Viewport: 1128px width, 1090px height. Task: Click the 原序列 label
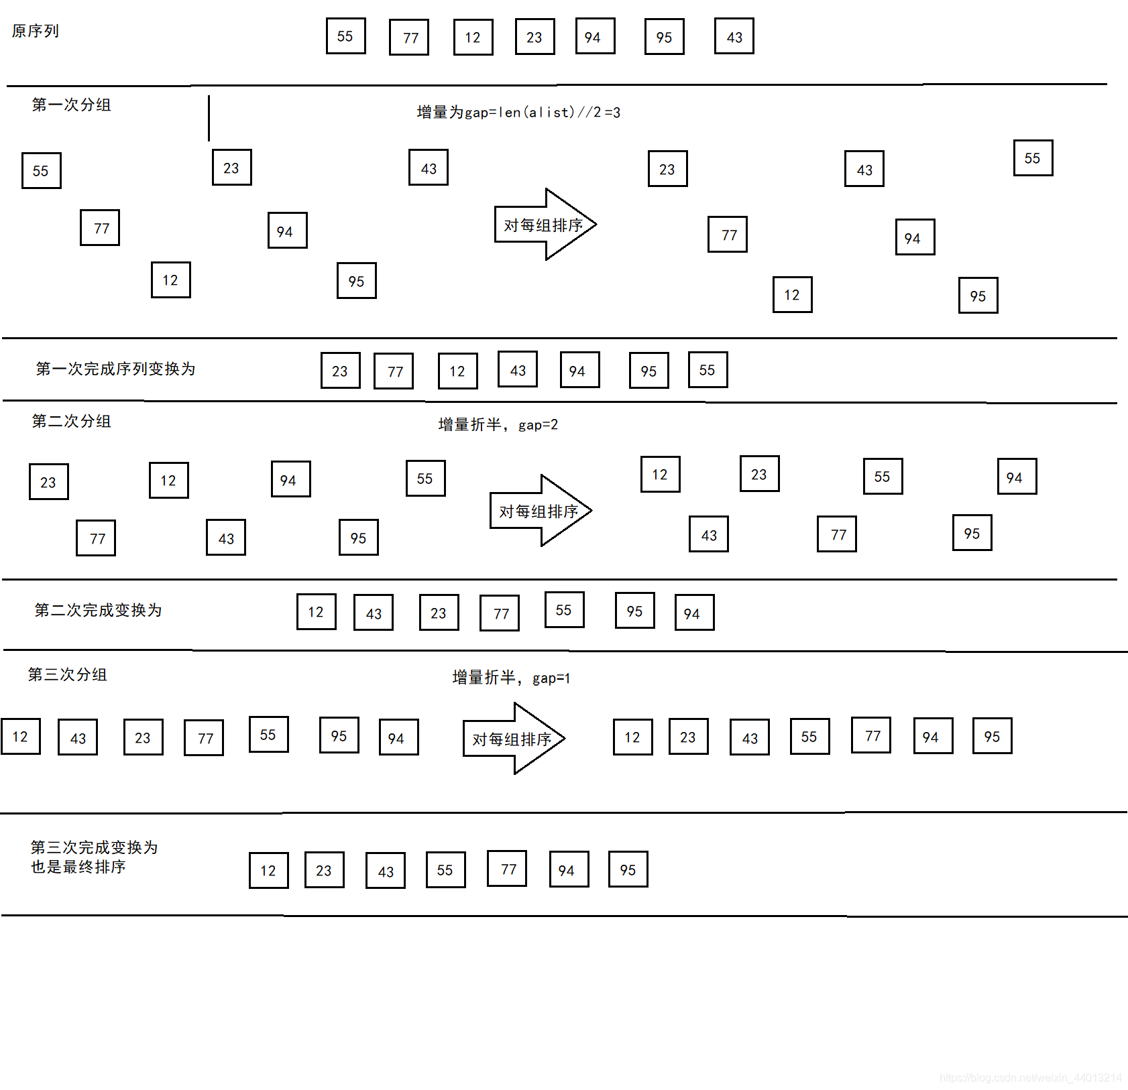(x=36, y=31)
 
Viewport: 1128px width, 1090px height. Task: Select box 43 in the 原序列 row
(x=734, y=36)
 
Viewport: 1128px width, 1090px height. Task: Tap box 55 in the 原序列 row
(x=345, y=36)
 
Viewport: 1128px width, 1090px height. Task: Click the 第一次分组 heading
(x=71, y=105)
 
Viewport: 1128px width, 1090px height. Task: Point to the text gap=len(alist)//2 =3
(x=518, y=112)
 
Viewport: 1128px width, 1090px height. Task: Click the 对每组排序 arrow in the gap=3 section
(x=545, y=225)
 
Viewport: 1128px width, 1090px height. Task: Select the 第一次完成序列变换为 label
(x=115, y=369)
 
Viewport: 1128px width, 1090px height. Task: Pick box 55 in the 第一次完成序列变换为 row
(x=708, y=370)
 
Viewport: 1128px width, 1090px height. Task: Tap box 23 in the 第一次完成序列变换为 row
(x=340, y=371)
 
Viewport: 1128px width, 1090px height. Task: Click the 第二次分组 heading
(x=71, y=421)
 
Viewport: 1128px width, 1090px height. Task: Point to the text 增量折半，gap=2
(x=498, y=424)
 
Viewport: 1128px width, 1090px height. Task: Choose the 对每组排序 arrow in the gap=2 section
(x=541, y=511)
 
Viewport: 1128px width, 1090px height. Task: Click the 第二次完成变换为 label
(x=98, y=610)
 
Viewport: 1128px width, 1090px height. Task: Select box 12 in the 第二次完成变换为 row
(x=316, y=611)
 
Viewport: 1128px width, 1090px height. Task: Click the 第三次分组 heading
(x=67, y=674)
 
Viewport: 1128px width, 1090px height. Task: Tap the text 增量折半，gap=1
(x=511, y=678)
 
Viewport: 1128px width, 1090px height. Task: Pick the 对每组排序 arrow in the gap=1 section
(x=513, y=739)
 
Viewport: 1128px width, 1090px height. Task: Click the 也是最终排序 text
(x=78, y=867)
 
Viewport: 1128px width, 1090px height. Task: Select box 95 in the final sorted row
(x=628, y=869)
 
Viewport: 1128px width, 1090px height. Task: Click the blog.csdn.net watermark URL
(x=1030, y=1077)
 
